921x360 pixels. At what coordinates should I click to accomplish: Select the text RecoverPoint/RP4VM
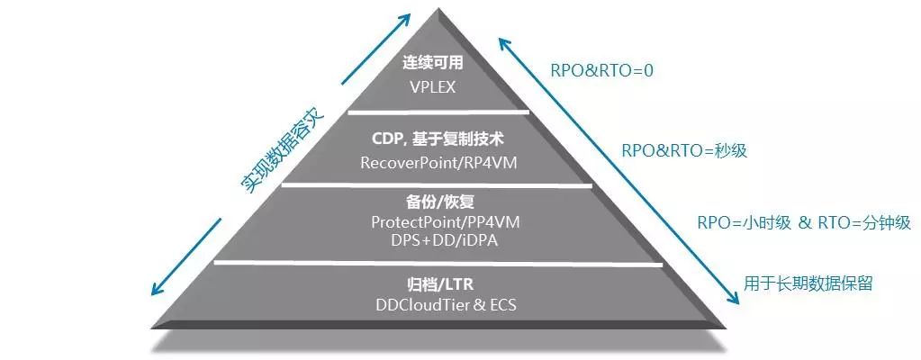[x=436, y=163]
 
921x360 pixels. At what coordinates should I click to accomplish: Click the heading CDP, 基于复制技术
[x=436, y=139]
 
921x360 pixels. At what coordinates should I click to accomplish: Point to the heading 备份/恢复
[x=436, y=199]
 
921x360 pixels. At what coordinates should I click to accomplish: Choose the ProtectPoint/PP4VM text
[x=436, y=221]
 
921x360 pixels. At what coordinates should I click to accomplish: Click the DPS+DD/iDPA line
[x=436, y=239]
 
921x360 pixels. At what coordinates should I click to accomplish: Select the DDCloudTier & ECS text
[x=436, y=304]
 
